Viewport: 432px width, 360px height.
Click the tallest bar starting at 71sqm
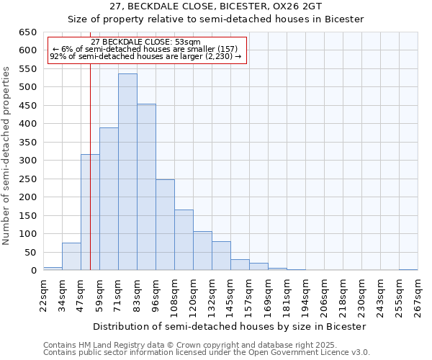click(127, 172)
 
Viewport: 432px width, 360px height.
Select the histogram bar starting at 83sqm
click(146, 187)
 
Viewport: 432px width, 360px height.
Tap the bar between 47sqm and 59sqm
click(90, 212)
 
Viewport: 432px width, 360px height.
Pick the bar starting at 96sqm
click(165, 225)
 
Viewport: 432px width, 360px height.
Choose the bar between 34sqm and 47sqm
click(71, 256)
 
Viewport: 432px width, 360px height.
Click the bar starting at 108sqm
click(184, 240)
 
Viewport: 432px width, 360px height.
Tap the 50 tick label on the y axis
click(29, 253)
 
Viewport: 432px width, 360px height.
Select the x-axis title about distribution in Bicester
click(230, 326)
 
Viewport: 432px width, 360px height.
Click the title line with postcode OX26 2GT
click(216, 6)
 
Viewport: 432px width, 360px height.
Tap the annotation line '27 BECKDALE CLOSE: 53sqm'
click(146, 42)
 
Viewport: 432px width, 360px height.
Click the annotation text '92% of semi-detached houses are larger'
click(146, 57)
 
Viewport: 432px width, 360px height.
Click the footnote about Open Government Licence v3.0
click(207, 353)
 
